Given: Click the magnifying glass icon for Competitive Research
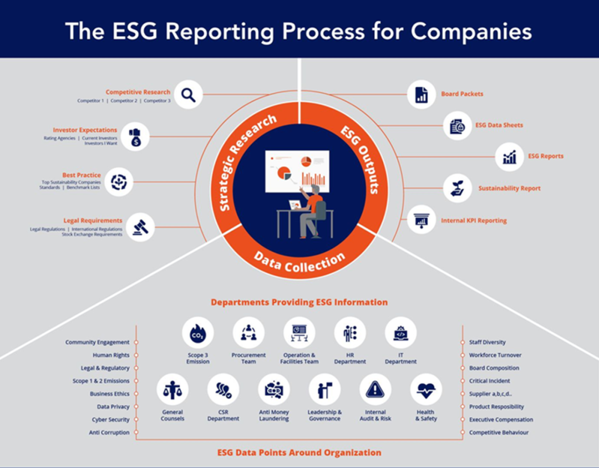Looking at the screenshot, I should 188,95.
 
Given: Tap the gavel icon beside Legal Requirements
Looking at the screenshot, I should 140,226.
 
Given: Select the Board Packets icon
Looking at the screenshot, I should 422,94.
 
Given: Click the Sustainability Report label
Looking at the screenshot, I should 509,189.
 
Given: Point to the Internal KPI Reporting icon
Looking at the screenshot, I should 422,220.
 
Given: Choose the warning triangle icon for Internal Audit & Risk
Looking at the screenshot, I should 375,390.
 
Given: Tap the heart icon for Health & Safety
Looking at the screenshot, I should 426,390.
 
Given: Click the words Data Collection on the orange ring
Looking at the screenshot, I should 299,261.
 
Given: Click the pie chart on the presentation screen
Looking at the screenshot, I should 284,172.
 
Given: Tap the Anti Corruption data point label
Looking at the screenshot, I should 109,433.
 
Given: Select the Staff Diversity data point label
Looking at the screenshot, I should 488,342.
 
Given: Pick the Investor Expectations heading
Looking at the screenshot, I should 85,130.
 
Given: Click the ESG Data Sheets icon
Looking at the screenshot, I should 458,126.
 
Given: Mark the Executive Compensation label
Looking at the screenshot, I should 501,420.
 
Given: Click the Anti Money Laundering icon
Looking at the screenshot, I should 274,390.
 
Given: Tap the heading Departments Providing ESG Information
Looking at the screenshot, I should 299,302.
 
